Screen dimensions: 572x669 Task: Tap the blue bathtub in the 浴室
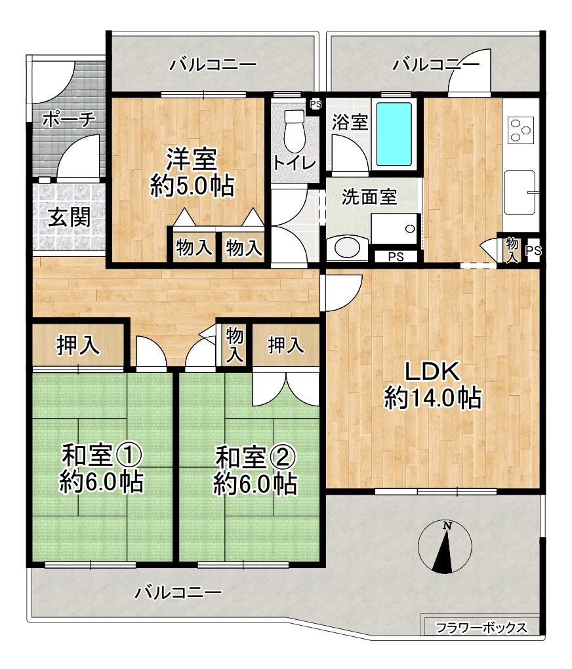[394, 134]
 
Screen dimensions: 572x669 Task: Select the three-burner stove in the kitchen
[521, 130]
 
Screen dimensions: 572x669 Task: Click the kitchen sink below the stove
[520, 193]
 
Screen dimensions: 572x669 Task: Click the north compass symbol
[445, 546]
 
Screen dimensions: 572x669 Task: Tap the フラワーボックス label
[481, 628]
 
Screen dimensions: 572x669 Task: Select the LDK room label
[432, 372]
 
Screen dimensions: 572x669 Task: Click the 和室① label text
[102, 455]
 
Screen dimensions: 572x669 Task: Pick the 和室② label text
[255, 457]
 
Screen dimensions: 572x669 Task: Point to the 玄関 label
[69, 218]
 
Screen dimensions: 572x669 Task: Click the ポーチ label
[68, 119]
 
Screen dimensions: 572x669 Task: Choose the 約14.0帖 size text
[433, 398]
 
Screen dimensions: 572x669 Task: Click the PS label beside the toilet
[316, 104]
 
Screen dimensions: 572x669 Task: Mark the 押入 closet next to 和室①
[79, 344]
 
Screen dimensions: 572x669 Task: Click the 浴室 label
[350, 122]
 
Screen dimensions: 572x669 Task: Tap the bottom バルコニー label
[178, 592]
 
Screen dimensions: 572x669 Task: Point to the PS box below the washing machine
[396, 257]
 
